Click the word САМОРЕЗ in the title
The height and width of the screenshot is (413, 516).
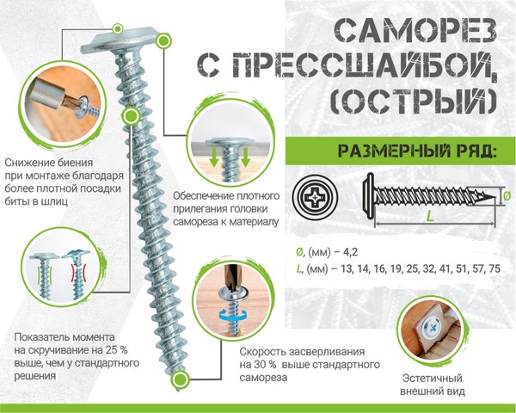[413, 30]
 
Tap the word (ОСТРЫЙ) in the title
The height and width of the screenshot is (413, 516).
[413, 102]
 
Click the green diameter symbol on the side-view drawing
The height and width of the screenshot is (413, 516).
[506, 195]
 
